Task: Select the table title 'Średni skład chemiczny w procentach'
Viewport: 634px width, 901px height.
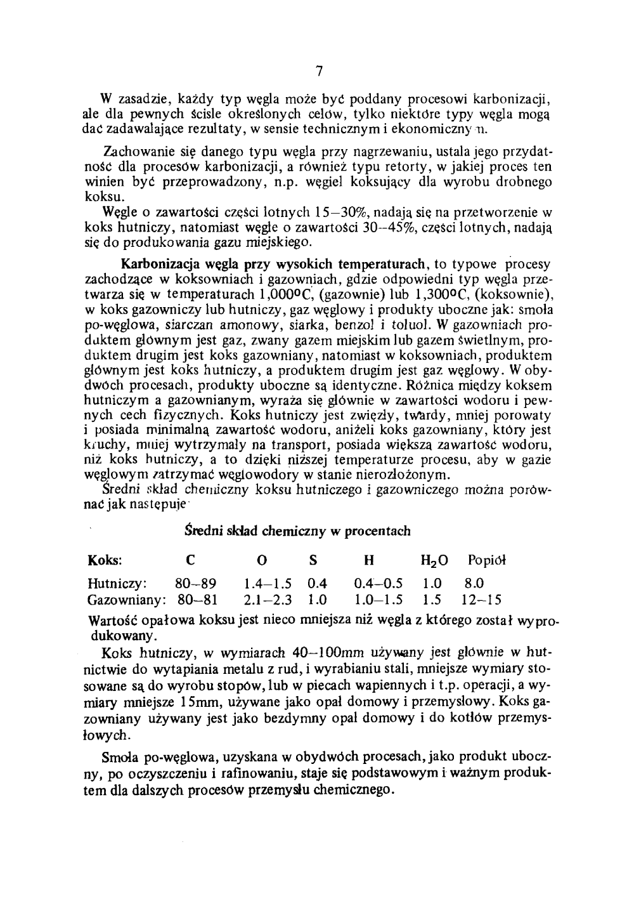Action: coord(297,530)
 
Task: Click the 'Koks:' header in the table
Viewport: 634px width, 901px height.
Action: coord(105,560)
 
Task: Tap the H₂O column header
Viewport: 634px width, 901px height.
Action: coord(434,561)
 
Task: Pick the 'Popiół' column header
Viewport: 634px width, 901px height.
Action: coord(488,560)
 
